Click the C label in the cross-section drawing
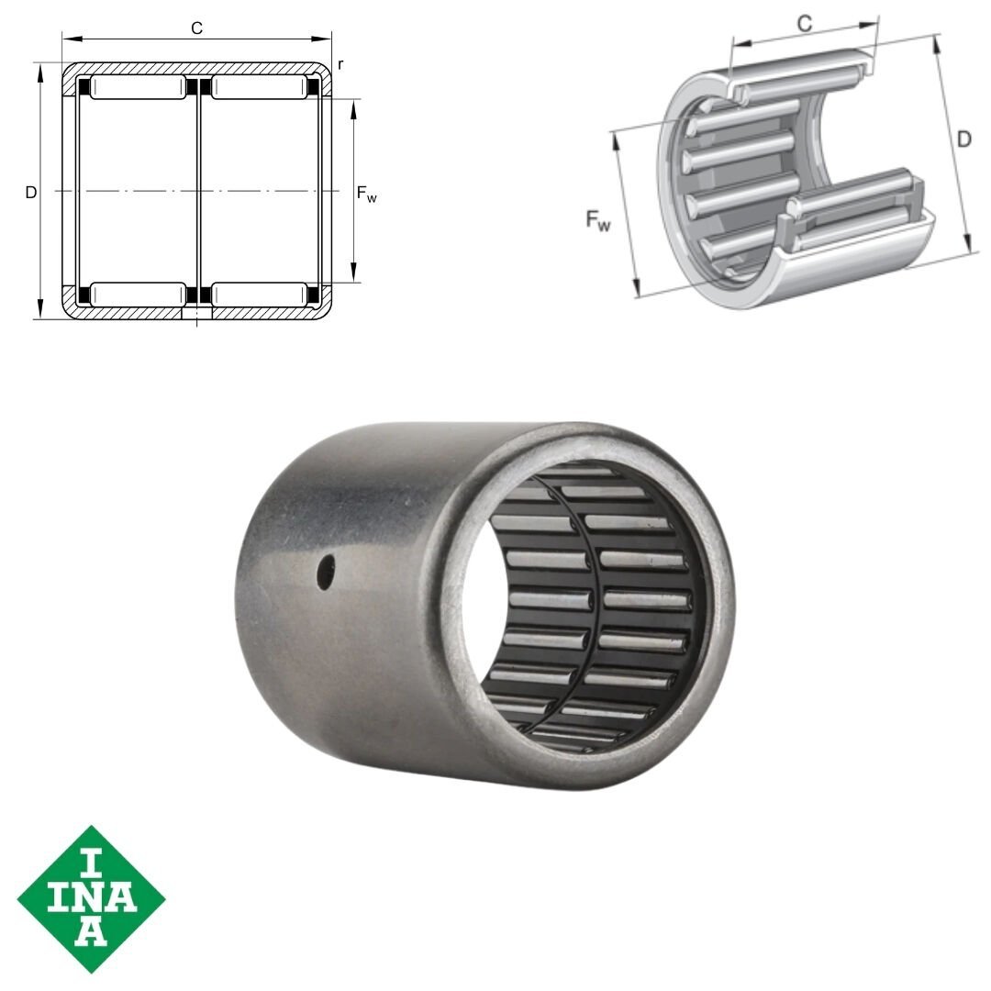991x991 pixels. [x=196, y=28]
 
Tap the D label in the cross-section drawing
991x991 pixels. [x=31, y=193]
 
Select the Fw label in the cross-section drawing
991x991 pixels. [x=366, y=194]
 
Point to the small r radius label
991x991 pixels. [x=340, y=63]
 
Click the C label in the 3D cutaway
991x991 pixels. [x=805, y=25]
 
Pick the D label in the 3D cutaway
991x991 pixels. [x=964, y=139]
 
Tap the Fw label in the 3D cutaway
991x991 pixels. [x=597, y=220]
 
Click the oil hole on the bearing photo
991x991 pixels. [x=326, y=575]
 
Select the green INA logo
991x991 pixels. [x=92, y=899]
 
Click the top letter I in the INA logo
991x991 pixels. [x=92, y=863]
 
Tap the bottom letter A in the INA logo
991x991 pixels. [x=92, y=934]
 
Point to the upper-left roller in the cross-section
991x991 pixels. [x=139, y=88]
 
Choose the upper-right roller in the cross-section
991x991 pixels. [x=260, y=88]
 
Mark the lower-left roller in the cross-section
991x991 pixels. [x=139, y=295]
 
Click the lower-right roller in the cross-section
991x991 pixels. [x=260, y=295]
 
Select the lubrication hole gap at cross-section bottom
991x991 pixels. [x=197, y=313]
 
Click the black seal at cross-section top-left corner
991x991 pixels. [x=83, y=88]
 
